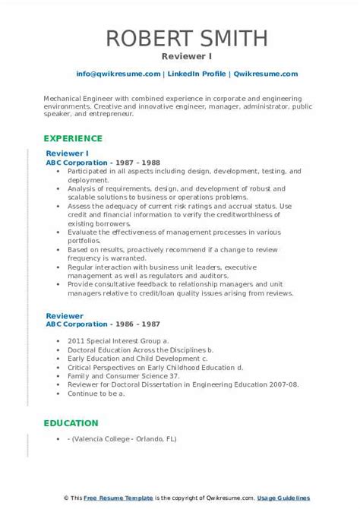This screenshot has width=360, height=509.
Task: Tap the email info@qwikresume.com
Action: (x=118, y=74)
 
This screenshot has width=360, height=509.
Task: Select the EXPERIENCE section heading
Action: (x=73, y=138)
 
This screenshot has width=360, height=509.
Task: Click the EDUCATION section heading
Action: (x=71, y=423)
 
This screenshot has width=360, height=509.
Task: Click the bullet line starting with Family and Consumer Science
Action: (x=124, y=375)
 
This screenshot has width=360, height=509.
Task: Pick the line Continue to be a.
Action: (x=97, y=393)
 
